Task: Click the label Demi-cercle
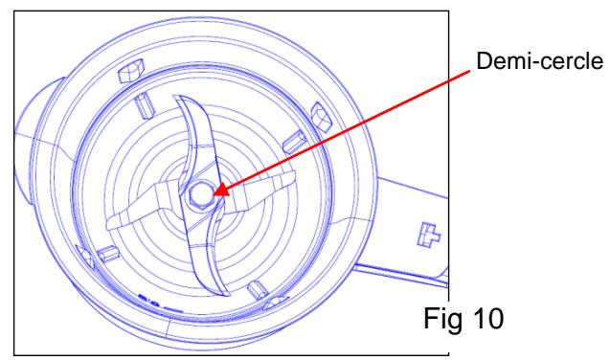point(539,61)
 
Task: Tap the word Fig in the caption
point(439,319)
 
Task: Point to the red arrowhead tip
point(215,193)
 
